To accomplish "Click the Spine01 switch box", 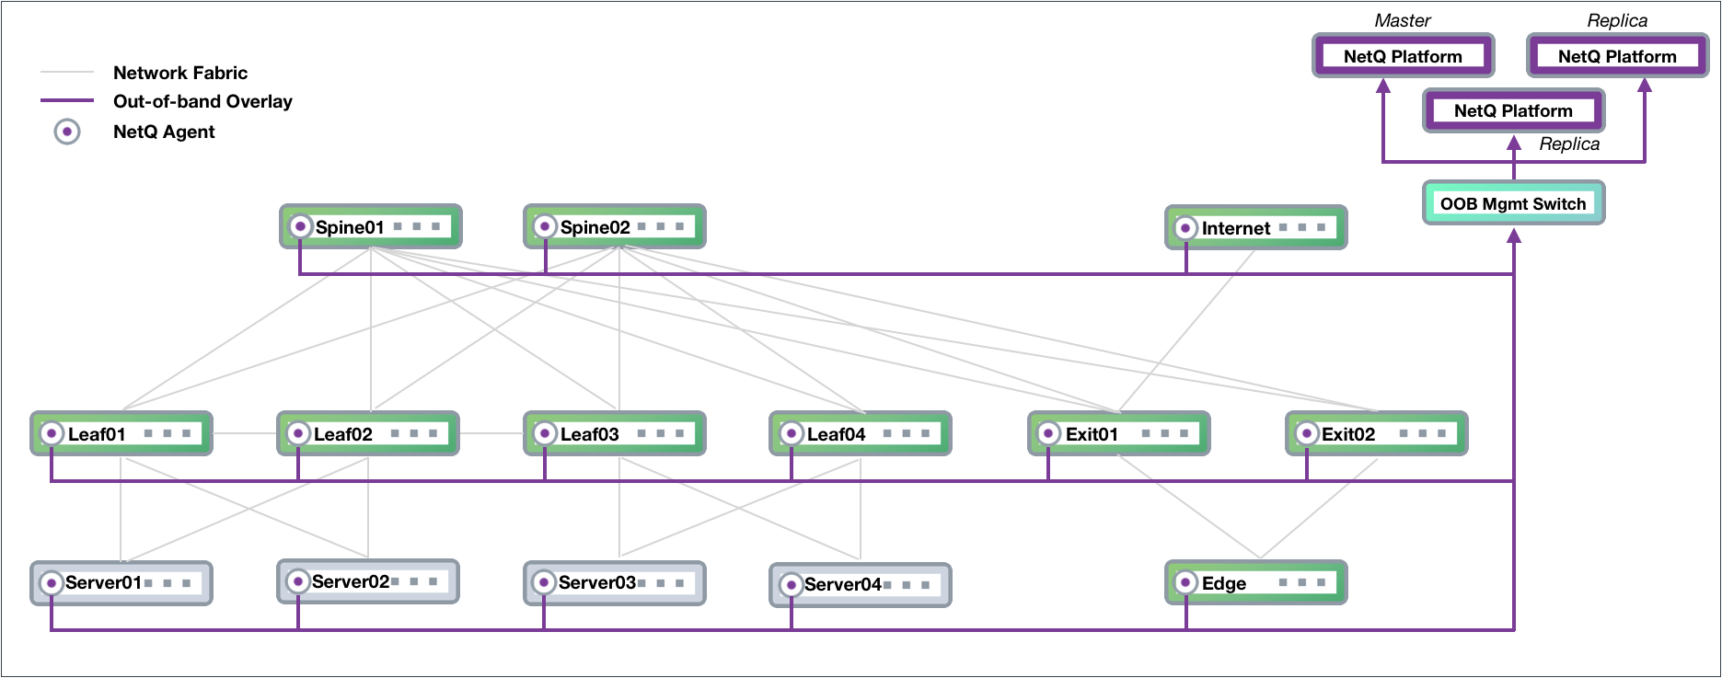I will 371,226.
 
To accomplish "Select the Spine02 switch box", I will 615,226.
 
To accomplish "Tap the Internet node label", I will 1235,228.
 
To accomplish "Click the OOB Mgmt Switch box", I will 1513,203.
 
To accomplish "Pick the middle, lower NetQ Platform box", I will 1513,110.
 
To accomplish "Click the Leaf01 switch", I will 121,433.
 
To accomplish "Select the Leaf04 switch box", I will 861,433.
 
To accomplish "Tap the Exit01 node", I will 1118,433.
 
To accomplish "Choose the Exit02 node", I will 1376,433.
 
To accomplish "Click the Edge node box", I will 1255,582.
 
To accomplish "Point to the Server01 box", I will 121,582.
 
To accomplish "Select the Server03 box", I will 615,582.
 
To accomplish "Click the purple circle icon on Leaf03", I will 545,433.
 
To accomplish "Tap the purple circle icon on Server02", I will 297,581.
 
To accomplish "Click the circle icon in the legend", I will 67,132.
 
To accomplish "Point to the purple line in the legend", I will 67,99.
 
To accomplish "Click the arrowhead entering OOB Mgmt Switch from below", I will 1514,236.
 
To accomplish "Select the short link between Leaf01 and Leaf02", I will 245,433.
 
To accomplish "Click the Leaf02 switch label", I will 342,434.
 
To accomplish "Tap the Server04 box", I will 861,584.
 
